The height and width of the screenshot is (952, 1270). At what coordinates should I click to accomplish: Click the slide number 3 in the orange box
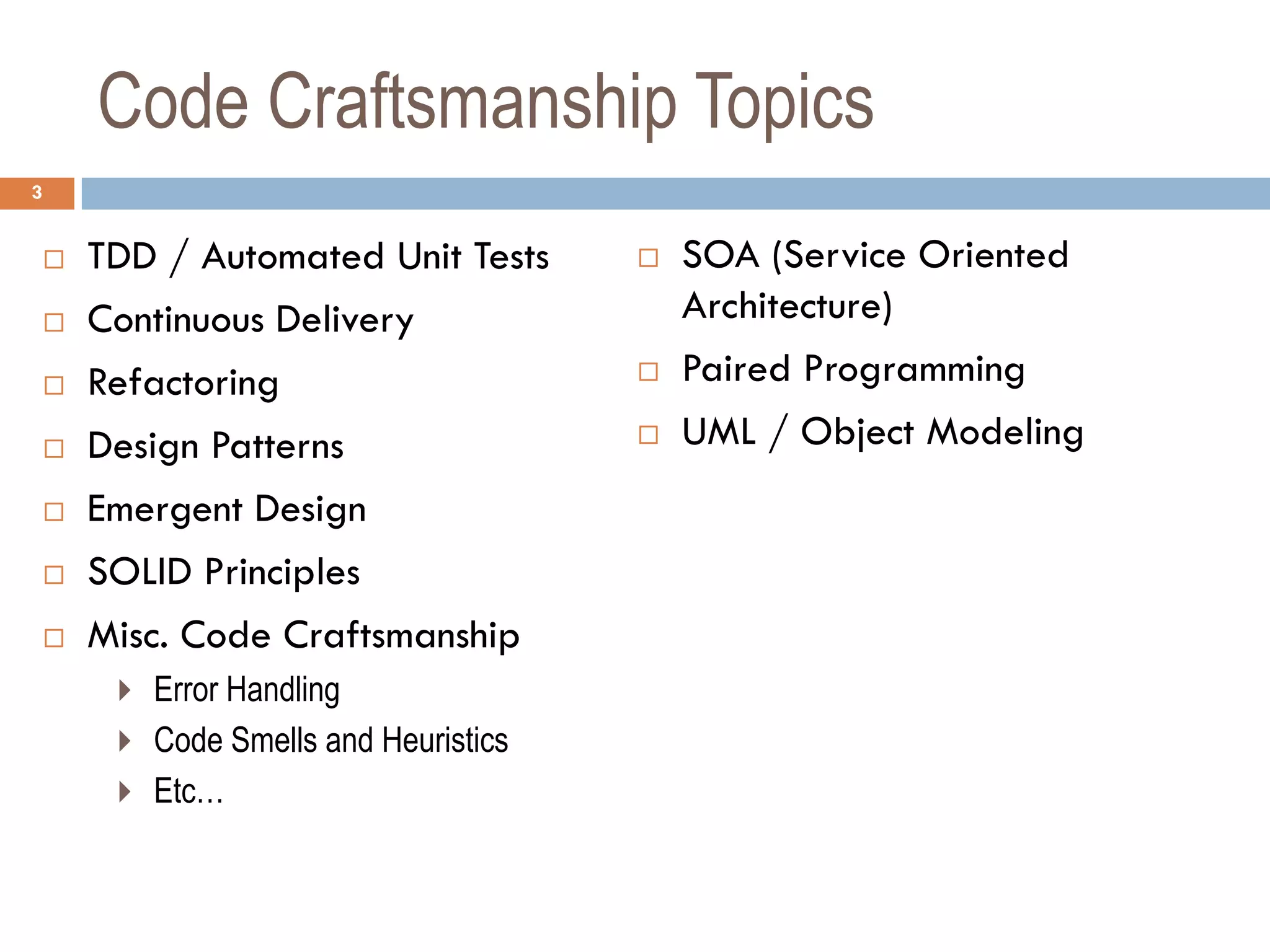pos(37,193)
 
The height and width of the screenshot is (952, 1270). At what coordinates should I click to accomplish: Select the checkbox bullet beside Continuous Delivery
pos(54,322)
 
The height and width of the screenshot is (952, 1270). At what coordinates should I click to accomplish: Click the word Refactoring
pos(184,383)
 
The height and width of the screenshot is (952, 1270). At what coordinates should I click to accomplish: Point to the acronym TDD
pos(122,257)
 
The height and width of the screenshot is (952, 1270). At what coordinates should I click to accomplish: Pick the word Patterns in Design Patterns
pos(278,446)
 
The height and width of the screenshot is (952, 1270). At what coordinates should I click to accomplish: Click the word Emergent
pos(164,509)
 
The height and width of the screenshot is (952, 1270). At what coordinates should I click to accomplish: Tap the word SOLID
pos(140,572)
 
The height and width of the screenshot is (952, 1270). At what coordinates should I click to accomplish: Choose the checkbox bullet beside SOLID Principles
pos(54,575)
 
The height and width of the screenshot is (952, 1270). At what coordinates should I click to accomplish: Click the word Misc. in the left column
pos(128,635)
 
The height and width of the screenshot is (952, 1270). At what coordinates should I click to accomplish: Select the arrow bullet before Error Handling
pos(125,690)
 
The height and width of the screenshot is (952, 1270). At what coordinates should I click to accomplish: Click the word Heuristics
pos(445,740)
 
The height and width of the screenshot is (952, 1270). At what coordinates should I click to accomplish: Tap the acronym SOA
pos(721,255)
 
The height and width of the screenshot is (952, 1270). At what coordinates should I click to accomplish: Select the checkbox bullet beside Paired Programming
pos(649,372)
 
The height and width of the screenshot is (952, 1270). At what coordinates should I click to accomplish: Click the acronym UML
pos(719,432)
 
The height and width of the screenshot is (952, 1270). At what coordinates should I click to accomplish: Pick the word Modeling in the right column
pos(1005,432)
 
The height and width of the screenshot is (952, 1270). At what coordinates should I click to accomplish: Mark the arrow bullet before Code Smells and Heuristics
pos(125,741)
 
